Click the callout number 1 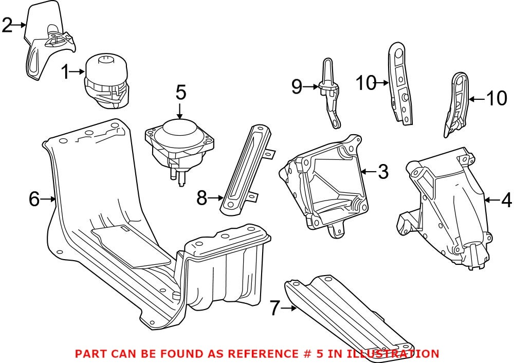click(x=66, y=72)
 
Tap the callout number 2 click(x=7, y=24)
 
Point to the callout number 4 click(x=507, y=199)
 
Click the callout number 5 click(x=180, y=93)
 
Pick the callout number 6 click(x=34, y=198)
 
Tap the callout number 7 click(x=275, y=308)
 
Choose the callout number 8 click(x=203, y=196)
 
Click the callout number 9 click(x=297, y=87)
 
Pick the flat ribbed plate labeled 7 click(x=350, y=314)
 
